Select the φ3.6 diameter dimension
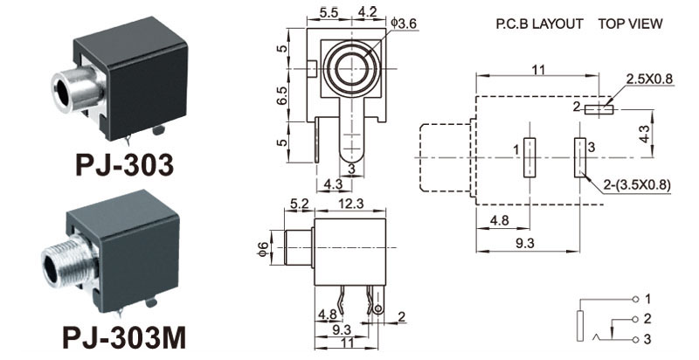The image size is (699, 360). (404, 24)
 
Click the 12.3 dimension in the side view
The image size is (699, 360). (349, 204)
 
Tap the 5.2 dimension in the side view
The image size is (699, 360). (299, 204)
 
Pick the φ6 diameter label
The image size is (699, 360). (260, 249)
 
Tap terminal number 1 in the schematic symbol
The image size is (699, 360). (647, 300)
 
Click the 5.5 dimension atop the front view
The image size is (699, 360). (329, 12)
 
